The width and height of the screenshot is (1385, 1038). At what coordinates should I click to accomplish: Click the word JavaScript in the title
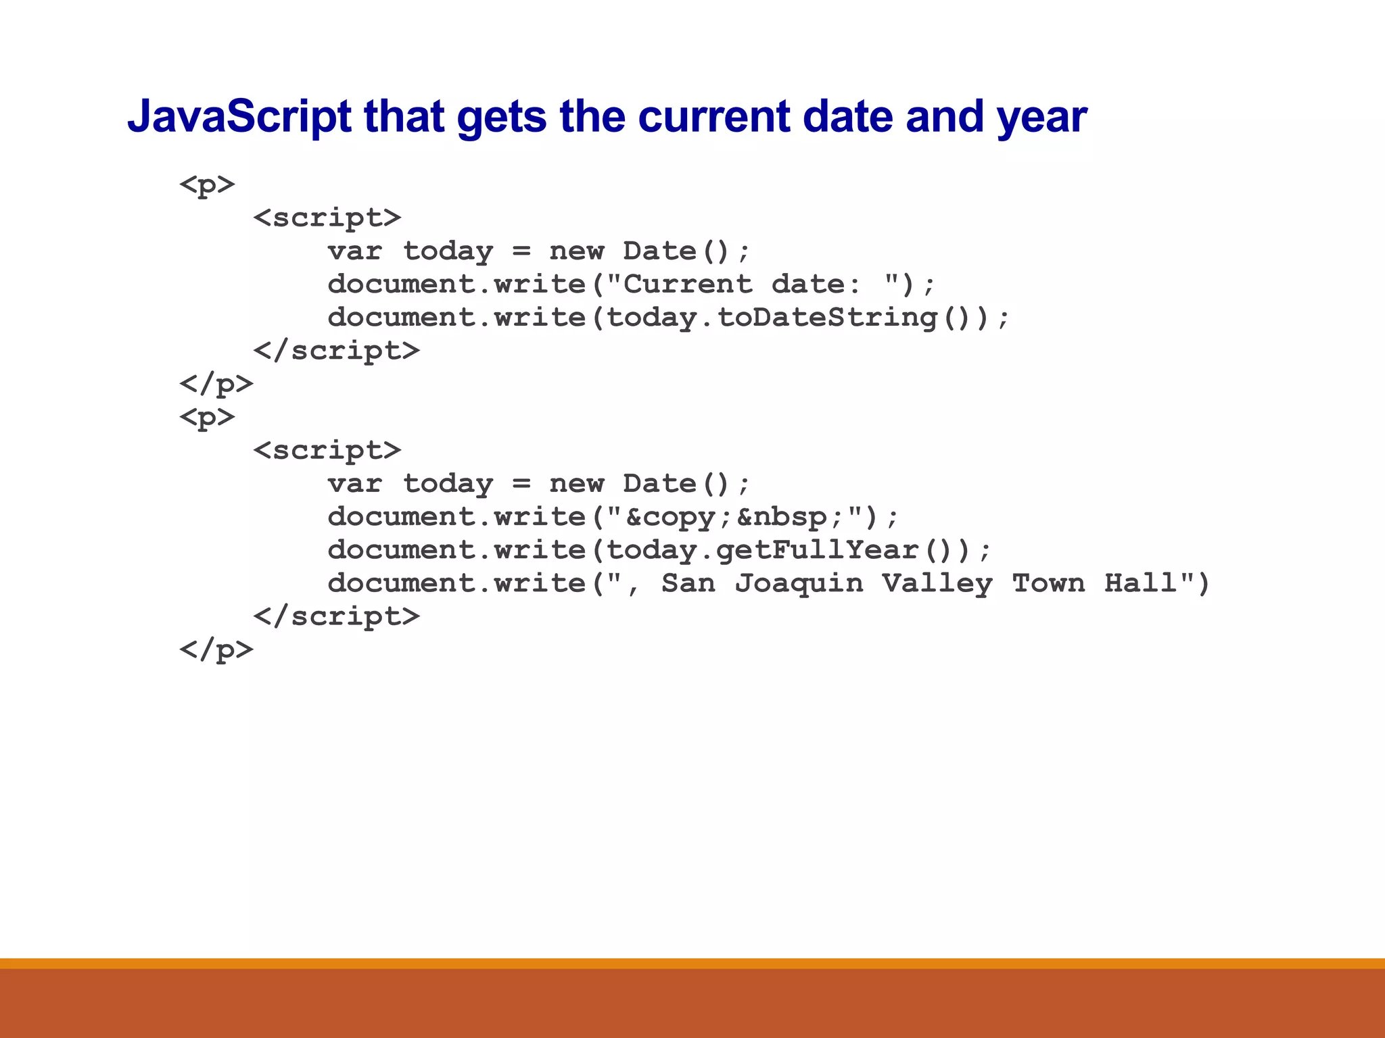coord(239,117)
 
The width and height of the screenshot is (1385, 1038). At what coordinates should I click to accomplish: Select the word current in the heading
coord(714,117)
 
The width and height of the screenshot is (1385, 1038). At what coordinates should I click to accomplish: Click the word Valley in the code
coord(937,583)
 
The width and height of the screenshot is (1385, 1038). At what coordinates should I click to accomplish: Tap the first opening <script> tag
coord(327,218)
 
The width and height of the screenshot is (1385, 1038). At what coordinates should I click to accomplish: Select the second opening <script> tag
coord(327,451)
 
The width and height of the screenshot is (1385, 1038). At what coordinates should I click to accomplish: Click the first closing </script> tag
coord(336,351)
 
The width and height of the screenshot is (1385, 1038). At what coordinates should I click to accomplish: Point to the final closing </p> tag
coord(216,650)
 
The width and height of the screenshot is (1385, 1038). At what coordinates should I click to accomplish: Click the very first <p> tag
coord(207,184)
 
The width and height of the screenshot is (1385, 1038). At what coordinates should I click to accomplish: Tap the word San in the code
coord(688,583)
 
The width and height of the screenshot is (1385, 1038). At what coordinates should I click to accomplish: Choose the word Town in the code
coord(1049,583)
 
